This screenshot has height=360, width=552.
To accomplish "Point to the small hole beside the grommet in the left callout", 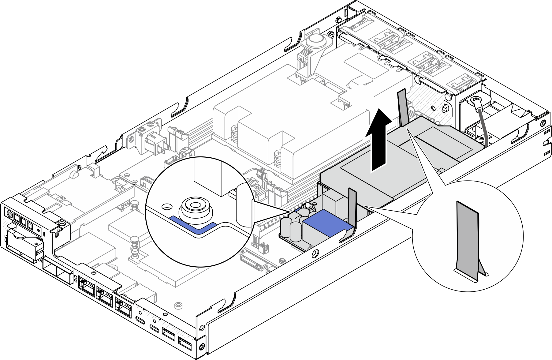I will point(167,207).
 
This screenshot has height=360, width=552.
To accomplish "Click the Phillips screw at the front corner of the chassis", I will point(202,347).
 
